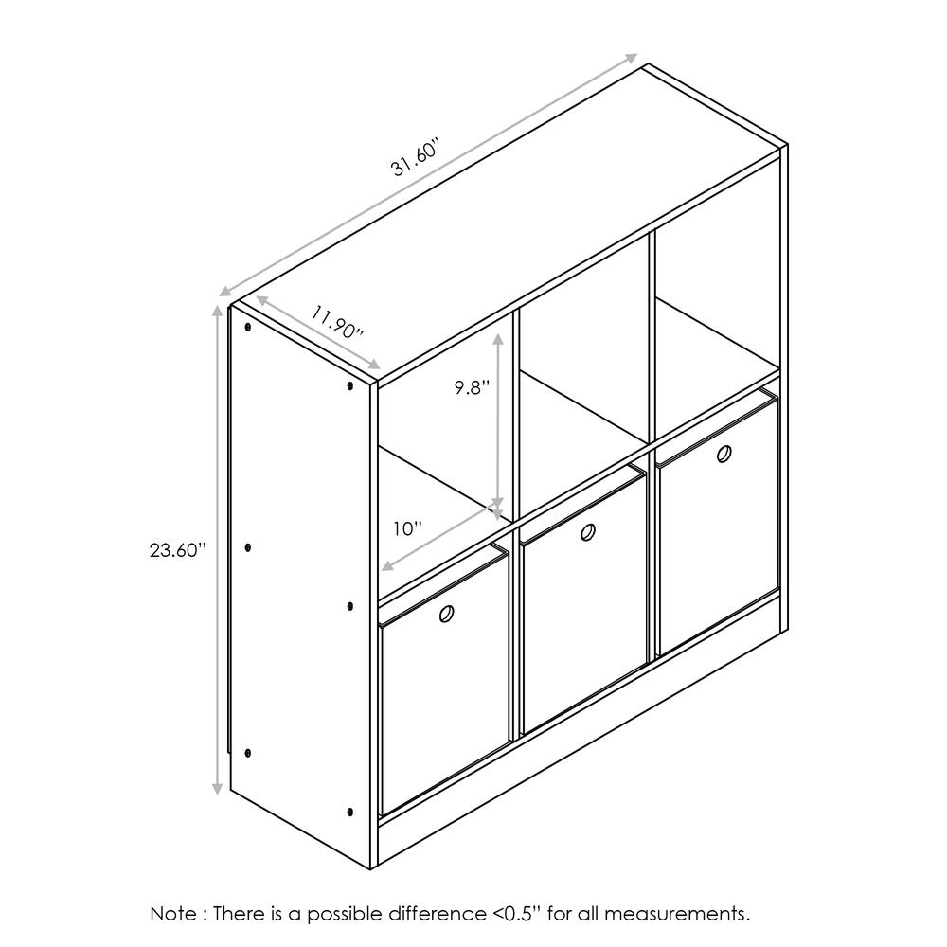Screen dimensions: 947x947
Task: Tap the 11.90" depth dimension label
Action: click(337, 324)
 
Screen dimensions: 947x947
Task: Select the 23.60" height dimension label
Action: click(177, 550)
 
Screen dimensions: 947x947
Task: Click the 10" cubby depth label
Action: click(408, 528)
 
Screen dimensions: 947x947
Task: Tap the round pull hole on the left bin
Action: click(446, 615)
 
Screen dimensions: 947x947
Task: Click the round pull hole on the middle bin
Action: click(587, 532)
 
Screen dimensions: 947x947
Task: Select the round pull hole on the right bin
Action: click(724, 455)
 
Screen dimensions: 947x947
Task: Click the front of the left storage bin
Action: click(443, 701)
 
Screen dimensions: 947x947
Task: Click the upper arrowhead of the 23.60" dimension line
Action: click(218, 310)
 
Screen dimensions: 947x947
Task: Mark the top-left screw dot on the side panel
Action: click(248, 329)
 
